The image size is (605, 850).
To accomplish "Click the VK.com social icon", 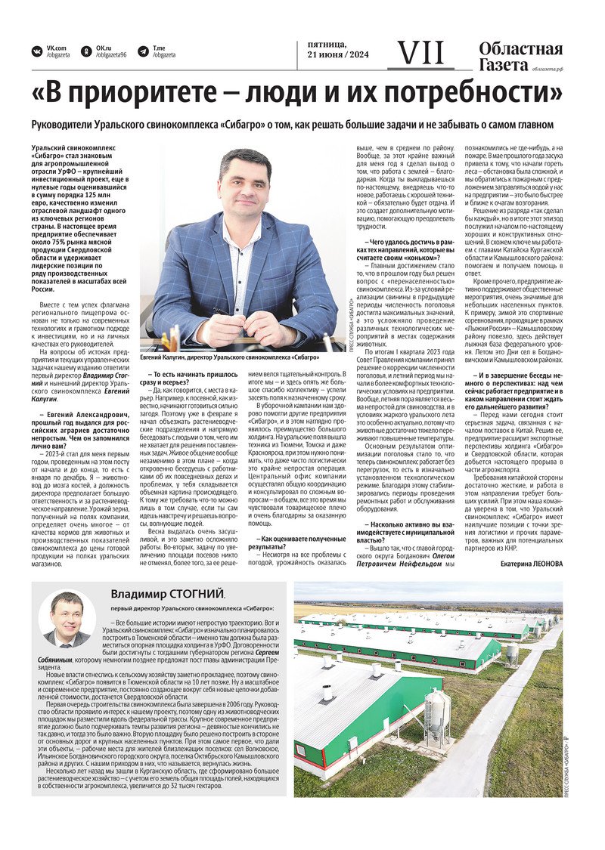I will click(x=36, y=51).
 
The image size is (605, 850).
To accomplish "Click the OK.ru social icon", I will click(x=85, y=51).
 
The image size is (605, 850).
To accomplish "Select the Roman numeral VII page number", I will click(x=421, y=52).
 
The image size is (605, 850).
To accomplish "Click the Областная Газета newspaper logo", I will click(x=520, y=57).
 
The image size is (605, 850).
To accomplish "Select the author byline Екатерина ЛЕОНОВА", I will click(x=532, y=563).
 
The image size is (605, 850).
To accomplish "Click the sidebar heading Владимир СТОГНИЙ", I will click(x=168, y=594).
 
